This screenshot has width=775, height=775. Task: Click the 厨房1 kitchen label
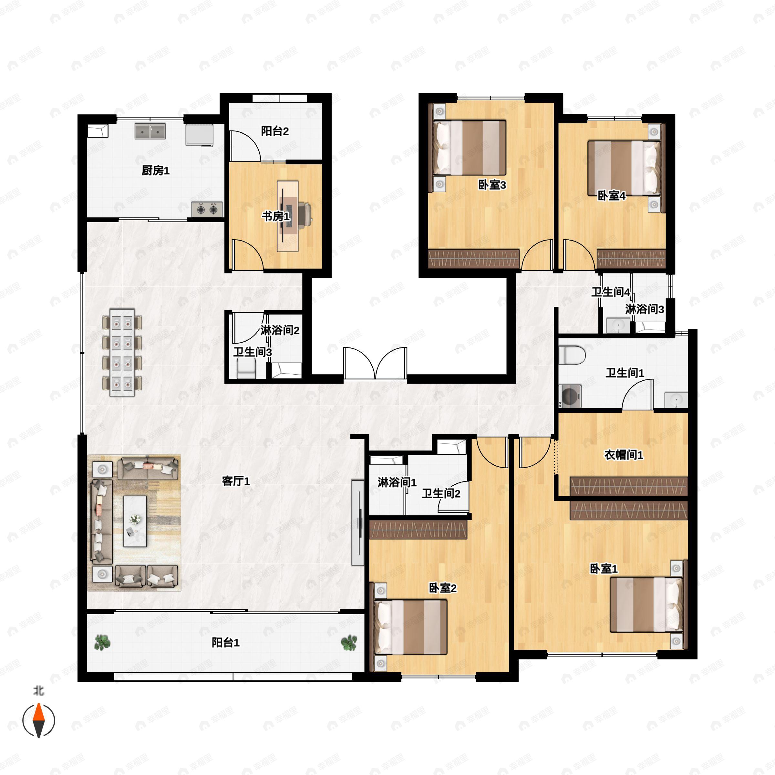156,171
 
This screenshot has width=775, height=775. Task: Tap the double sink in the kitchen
150,131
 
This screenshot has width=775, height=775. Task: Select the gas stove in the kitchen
207,209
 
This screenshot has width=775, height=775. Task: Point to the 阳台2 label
275,131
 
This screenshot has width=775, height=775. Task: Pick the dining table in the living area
122,352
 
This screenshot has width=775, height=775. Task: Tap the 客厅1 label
236,481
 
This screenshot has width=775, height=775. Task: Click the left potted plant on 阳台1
102,642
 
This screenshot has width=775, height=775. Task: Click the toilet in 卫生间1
572,355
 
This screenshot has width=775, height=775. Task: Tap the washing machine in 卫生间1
570,396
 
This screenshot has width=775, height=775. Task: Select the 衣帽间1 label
624,455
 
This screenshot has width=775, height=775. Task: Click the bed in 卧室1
646,604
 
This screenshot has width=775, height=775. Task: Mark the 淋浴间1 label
397,482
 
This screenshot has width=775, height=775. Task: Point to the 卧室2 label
443,588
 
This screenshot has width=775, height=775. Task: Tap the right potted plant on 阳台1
349,643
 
